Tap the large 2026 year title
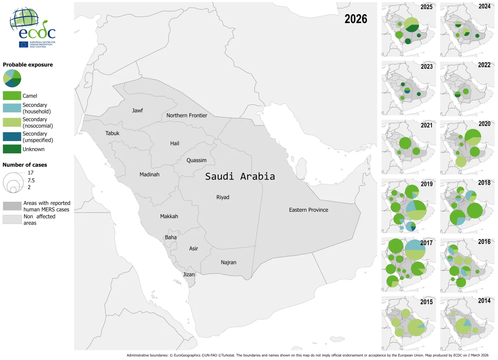pyautogui.click(x=355, y=19)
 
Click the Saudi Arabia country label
pyautogui.click(x=240, y=176)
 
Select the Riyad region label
pyautogui.click(x=222, y=197)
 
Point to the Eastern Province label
pyautogui.click(x=309, y=210)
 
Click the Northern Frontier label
pyautogui.click(x=187, y=115)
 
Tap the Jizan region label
pyautogui.click(x=189, y=274)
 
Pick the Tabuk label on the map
pyautogui.click(x=112, y=133)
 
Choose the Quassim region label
pyautogui.click(x=196, y=160)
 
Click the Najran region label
pyautogui.click(x=228, y=262)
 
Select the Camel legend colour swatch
pyautogui.click(x=12, y=96)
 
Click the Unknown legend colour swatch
pyautogui.click(x=12, y=149)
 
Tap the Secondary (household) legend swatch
pyautogui.click(x=12, y=108)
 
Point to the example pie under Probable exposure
pyautogui.click(x=12, y=78)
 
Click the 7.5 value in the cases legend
pyautogui.click(x=31, y=180)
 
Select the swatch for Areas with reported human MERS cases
pyautogui.click(x=12, y=206)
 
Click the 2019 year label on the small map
pyautogui.click(x=427, y=184)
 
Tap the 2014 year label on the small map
pyautogui.click(x=484, y=301)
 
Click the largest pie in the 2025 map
pyautogui.click(x=412, y=25)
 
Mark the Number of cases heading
pyautogui.click(x=25, y=165)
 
